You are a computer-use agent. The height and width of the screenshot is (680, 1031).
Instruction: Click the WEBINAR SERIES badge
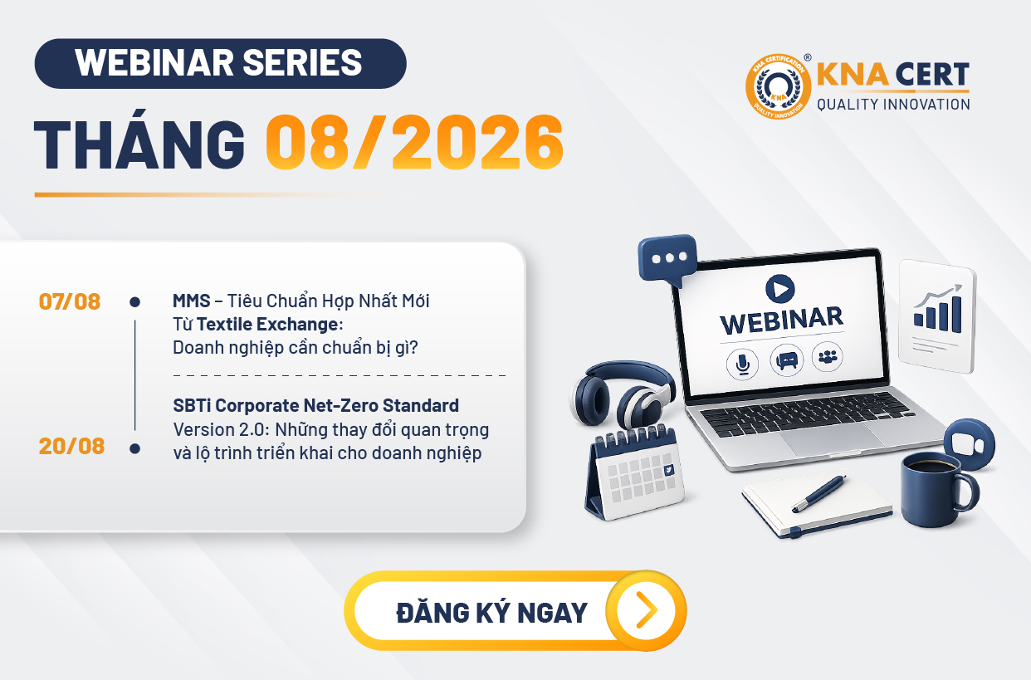coord(221,64)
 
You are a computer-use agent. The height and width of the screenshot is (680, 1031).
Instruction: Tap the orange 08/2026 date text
coord(415,142)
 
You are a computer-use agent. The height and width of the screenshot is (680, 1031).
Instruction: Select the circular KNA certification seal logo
coord(779,86)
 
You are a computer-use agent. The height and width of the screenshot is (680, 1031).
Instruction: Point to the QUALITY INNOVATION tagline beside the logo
coord(893,105)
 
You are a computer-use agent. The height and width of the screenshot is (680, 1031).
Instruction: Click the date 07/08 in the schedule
coord(70,302)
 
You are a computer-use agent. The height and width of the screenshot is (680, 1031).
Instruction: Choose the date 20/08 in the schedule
coord(71,446)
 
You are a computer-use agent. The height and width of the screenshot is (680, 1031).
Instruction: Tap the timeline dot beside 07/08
coord(134,302)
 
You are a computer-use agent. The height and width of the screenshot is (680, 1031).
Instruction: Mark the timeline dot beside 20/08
coord(134,448)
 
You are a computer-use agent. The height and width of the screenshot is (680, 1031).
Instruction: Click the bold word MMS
coord(192,301)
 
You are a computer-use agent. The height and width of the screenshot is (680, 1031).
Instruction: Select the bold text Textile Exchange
coord(268,325)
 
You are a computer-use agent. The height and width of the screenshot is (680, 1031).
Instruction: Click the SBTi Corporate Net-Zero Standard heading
coord(315,406)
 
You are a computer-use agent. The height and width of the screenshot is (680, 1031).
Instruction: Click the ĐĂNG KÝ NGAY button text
coord(492,613)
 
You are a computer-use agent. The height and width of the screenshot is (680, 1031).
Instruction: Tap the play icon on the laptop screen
coord(779,289)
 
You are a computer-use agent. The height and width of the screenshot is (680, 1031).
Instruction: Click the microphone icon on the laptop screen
coord(742,364)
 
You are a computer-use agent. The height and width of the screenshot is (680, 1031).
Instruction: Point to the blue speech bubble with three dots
coord(667,260)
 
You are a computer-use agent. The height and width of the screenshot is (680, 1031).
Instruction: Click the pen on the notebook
coord(818,493)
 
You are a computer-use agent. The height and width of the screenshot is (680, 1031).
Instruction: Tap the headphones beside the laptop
coord(623,395)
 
